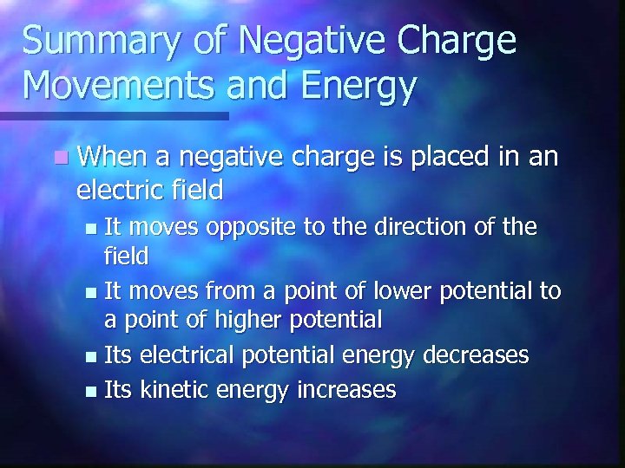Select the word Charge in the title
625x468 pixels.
click(464, 42)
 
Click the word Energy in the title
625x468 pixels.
click(359, 87)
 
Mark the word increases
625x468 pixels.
click(346, 390)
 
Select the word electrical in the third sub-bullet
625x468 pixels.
click(188, 354)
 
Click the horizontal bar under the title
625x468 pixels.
click(114, 115)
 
